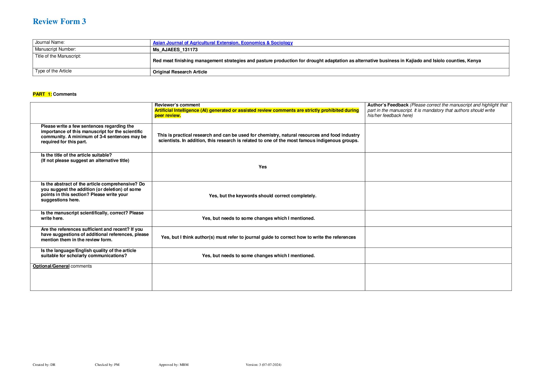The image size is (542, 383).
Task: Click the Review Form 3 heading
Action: point(59,21)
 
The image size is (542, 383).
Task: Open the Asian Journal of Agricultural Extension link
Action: point(222,43)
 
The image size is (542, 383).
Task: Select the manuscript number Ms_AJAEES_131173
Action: point(175,50)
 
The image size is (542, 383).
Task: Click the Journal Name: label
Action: point(50,42)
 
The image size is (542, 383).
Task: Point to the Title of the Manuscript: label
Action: point(58,56)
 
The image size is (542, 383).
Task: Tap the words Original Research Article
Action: point(180,72)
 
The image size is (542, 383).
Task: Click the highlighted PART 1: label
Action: point(42,94)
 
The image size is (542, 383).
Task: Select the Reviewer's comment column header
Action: point(177,105)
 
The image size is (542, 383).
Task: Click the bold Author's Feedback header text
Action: point(388,105)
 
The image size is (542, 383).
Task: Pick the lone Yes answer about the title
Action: point(262,167)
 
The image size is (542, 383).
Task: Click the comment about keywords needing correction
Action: point(262,196)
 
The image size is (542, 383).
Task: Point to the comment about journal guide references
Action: point(258,237)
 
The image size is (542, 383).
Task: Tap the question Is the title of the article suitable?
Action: point(76,155)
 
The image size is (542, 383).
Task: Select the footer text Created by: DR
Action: point(44,365)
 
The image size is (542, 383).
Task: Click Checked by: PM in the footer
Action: point(107,365)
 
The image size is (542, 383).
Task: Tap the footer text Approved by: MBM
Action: point(174,365)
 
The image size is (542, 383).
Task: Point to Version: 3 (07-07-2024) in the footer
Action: point(263,365)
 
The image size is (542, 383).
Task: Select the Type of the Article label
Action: point(53,71)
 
